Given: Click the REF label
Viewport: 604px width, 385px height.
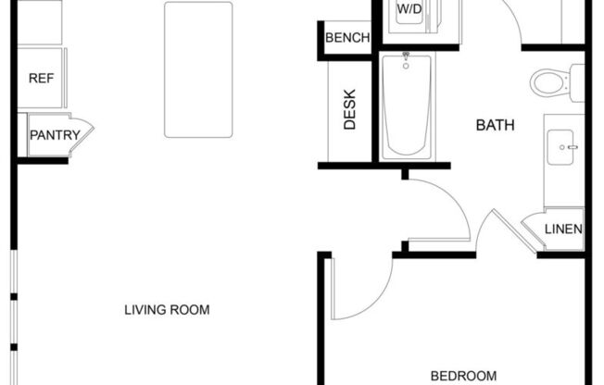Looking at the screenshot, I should (x=41, y=78).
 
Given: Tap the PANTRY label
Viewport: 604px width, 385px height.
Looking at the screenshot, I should (x=55, y=135).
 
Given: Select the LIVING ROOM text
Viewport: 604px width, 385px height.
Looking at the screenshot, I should (x=167, y=309).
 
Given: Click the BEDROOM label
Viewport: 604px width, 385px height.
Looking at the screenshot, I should (x=463, y=375).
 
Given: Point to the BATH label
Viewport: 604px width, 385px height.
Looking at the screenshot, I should (x=495, y=125).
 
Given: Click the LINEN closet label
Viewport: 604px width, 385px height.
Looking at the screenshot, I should (x=563, y=230).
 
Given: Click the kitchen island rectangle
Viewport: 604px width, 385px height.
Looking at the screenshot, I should (x=198, y=69).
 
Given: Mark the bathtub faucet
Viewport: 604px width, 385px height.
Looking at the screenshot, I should (x=406, y=60).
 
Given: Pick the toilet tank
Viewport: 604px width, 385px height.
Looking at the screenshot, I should (x=577, y=82).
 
